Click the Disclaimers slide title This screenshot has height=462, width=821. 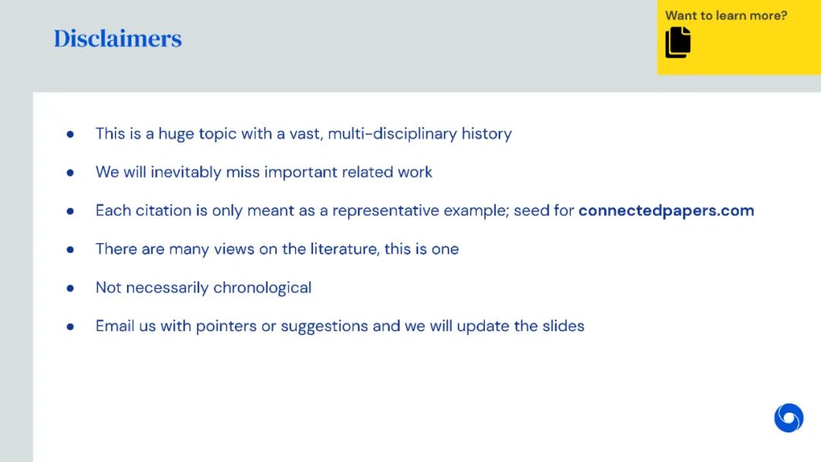tap(118, 38)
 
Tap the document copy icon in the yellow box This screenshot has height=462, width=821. tap(678, 43)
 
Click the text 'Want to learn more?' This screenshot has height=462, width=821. tap(726, 16)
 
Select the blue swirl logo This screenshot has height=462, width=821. tap(788, 417)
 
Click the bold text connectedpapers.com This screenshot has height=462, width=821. tap(666, 210)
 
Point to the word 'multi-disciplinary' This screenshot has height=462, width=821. tap(392, 134)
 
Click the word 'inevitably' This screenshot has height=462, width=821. tap(186, 172)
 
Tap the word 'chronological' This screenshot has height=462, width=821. tap(262, 288)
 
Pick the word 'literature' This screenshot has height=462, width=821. tap(344, 249)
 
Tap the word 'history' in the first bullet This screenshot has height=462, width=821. tap(487, 134)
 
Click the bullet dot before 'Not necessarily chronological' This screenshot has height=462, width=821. tap(70, 288)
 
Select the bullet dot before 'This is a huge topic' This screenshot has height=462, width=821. tap(70, 134)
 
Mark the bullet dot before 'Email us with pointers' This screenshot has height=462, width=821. tap(70, 327)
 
